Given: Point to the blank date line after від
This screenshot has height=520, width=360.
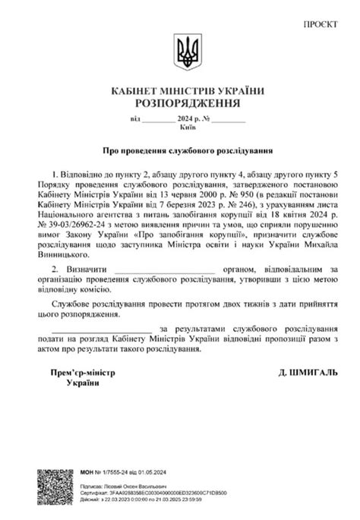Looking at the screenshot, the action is pos(157,119).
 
